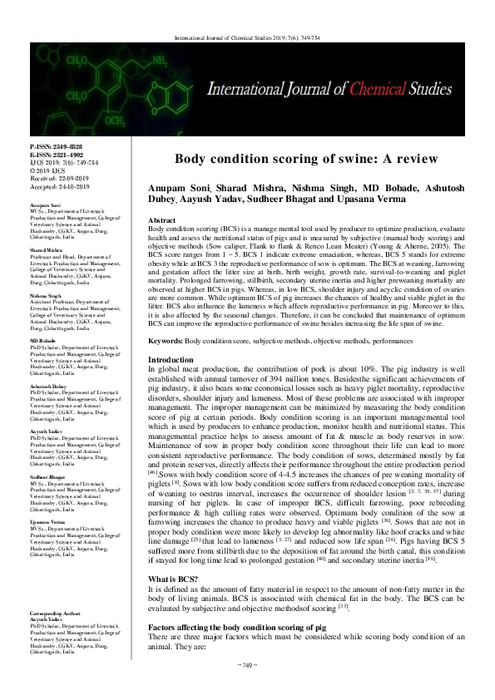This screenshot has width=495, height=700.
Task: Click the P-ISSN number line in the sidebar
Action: pos(52,145)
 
